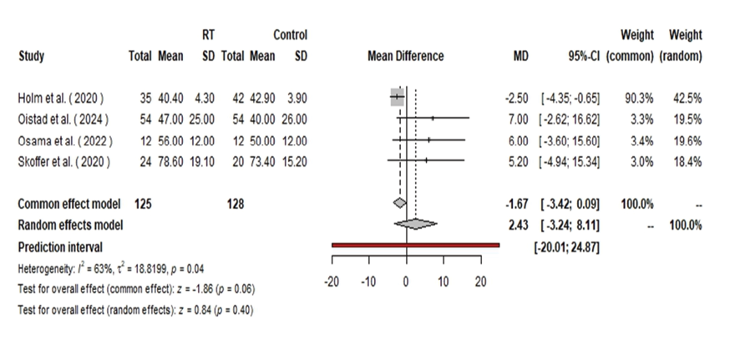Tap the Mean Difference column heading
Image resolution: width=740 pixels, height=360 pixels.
(405, 58)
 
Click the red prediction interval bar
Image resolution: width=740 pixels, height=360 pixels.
(415, 246)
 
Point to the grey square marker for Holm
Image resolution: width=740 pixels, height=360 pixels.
(398, 99)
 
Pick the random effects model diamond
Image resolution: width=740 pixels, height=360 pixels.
(415, 224)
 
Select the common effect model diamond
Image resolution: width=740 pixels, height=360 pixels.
(400, 203)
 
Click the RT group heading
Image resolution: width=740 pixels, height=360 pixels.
(210, 35)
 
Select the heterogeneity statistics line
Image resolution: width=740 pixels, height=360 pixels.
(113, 269)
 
